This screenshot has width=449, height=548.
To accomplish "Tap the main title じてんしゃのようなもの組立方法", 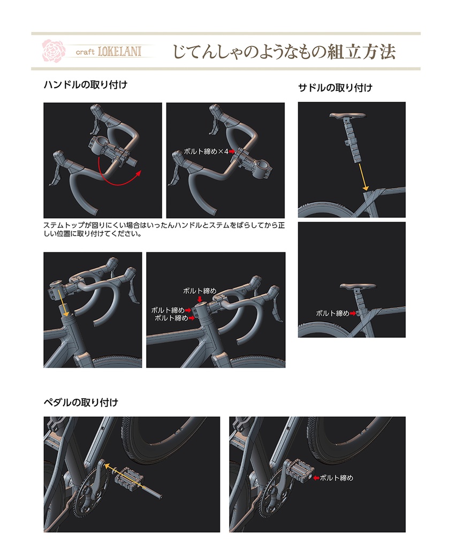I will coord(284,51).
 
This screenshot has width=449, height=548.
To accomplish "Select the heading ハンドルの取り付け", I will coord(85,85).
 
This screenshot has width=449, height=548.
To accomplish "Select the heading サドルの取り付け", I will coord(335,88).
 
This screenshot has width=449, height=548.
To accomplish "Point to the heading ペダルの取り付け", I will coord(80,402).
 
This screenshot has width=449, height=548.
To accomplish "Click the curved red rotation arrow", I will coord(119,177).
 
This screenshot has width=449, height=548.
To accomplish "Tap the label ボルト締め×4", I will coord(206,152).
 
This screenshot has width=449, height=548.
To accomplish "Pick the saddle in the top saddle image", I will coord(349,116).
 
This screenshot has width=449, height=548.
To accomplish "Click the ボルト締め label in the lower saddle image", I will coord(332,313).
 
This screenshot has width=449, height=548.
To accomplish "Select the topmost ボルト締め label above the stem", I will coord(199,291).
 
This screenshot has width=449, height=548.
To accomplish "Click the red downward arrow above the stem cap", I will coord(200,299).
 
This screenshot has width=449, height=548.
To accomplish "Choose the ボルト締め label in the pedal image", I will coord(336,477).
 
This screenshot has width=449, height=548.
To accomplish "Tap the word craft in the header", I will coord(85,52).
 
